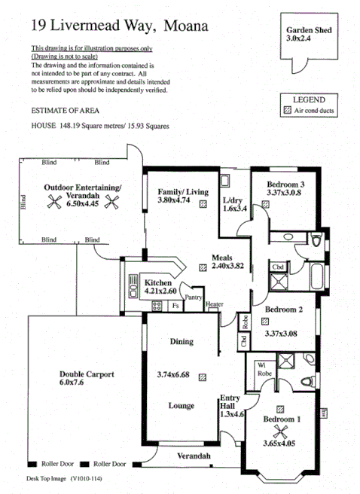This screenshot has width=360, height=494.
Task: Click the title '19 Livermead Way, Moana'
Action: pos(109,26)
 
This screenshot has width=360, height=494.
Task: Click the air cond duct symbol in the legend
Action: pos(286,111)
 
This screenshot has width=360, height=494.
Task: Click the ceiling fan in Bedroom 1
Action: pos(282,431)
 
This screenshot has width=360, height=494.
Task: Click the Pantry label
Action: pos(194,297)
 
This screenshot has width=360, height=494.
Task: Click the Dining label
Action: pos(181,341)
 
